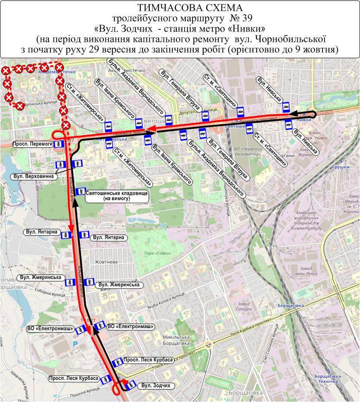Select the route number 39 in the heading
coord(238,19)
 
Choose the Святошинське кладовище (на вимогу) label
coord(117,196)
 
